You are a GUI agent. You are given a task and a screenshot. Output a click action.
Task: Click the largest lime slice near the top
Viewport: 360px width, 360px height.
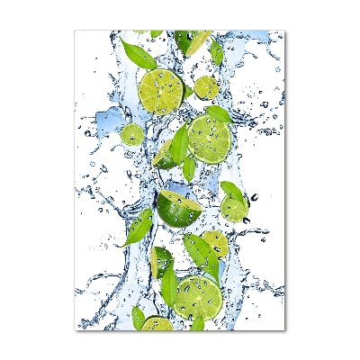pos(162,91)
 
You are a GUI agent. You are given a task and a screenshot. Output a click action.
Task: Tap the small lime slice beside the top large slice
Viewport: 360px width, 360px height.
pos(206,87)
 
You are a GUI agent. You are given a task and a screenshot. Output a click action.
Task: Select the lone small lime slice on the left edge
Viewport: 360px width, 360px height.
pos(132,134)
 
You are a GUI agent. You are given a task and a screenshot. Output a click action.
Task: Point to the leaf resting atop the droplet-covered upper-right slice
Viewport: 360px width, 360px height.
pos(217,113)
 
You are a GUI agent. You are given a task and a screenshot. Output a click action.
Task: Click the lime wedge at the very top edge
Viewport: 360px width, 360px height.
pos(191,40)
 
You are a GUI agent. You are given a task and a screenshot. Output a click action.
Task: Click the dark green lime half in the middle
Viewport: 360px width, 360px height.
pos(178,208)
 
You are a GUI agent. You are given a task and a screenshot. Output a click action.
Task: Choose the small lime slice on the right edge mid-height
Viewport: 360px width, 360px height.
pos(234,209)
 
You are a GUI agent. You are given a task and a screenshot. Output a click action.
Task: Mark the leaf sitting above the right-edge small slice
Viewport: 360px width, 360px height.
pos(232,190)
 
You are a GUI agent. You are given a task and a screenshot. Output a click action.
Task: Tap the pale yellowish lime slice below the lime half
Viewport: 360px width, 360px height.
pos(215,243)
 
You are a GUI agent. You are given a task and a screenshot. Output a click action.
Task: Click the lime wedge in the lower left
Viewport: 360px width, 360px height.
pos(161,260)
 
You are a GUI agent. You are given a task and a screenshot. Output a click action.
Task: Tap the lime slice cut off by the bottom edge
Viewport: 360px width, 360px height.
pos(157,323)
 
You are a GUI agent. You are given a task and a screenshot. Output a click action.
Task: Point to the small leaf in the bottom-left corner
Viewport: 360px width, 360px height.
pos(138,317)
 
